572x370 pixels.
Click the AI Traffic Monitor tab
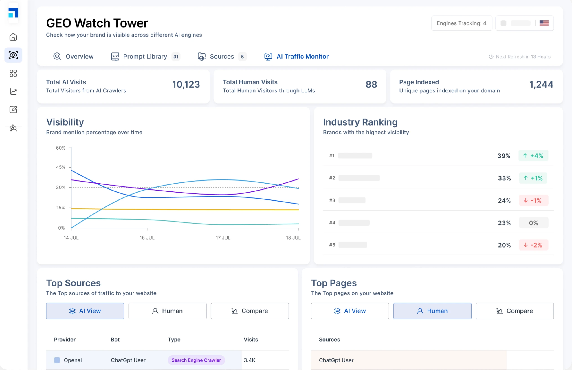coord(297,57)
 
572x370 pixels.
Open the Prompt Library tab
coord(145,57)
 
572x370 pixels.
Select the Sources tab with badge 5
coord(222,57)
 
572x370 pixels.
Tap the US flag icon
coord(544,23)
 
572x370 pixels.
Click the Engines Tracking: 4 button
coord(461,23)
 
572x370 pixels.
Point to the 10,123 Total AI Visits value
coord(186,84)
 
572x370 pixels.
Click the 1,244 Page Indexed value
coord(541,84)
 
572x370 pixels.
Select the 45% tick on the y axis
coord(61,167)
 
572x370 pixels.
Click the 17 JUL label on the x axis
coord(223,238)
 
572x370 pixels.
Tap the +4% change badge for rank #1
coord(533,156)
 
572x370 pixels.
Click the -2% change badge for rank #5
coord(533,245)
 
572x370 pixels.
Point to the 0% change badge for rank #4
coord(533,223)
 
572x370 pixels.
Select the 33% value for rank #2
coord(504,178)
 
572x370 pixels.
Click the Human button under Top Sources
coord(167,311)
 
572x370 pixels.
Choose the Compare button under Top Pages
coord(514,311)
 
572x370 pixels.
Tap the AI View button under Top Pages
coord(350,311)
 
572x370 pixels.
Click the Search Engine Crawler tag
coord(196,360)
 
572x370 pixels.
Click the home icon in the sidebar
coord(13,37)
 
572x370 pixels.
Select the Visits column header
coord(251,340)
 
